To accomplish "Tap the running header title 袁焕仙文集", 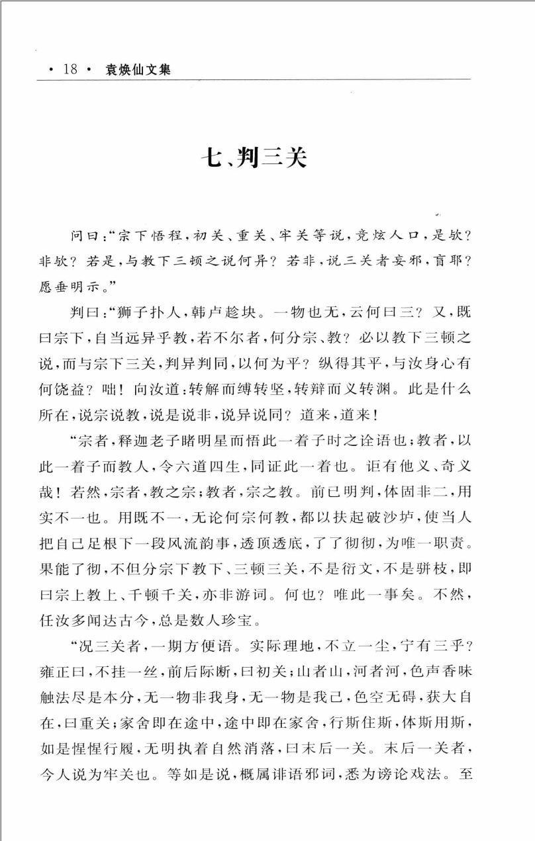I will (138, 69).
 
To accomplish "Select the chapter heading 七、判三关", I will (254, 159).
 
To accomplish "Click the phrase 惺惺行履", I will (121, 719).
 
